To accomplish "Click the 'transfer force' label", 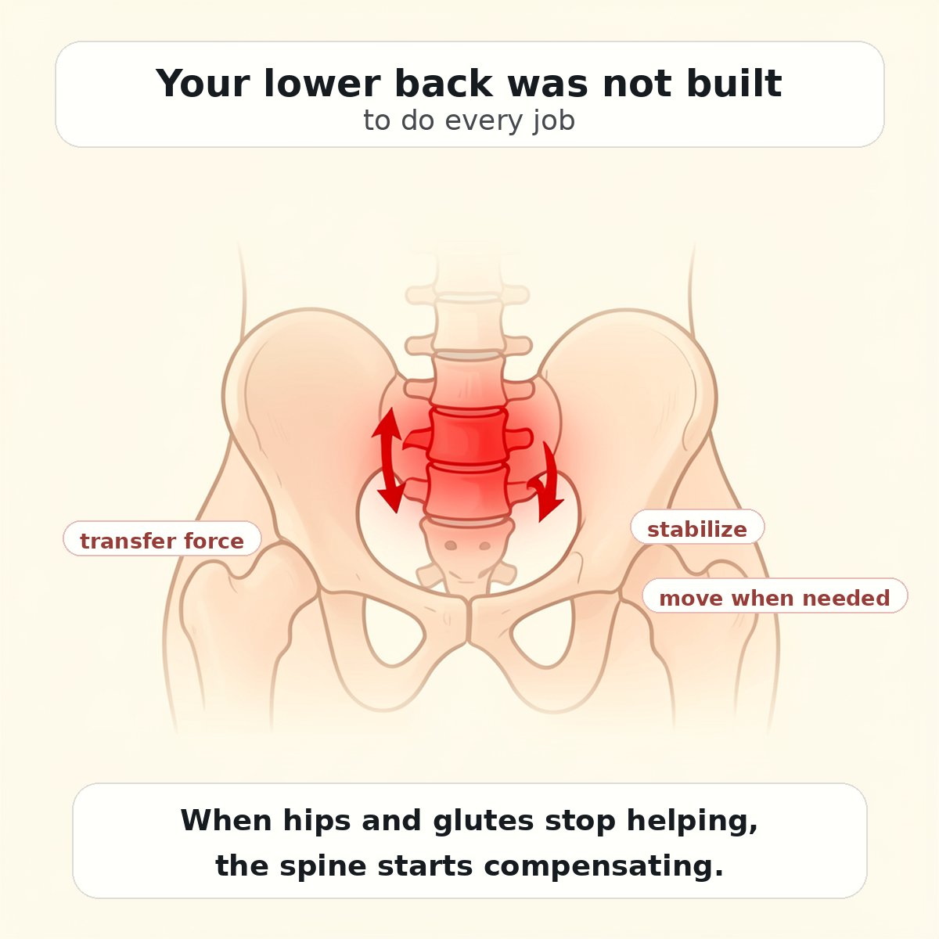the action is (161, 540).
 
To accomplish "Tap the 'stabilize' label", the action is (696, 529).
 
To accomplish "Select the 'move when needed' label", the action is (774, 598).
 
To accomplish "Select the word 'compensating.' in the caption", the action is (603, 865).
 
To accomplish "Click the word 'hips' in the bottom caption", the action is (318, 820).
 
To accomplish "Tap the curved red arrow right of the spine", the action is (547, 483).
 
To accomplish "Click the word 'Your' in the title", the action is (201, 84).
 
